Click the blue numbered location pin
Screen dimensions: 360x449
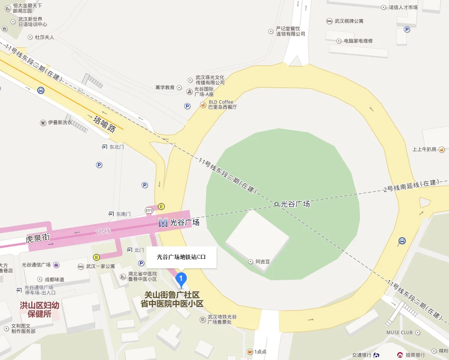click(x=181, y=278)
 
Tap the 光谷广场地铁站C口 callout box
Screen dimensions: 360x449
click(x=181, y=257)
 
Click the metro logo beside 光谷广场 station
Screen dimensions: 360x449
click(x=163, y=223)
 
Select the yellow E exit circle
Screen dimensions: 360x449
click(x=161, y=207)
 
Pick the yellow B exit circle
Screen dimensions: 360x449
click(x=96, y=257)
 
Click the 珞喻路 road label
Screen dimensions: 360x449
click(x=105, y=123)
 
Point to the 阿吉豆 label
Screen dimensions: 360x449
click(x=263, y=262)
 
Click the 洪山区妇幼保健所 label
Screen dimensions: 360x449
click(x=39, y=310)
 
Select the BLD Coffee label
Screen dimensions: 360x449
click(x=221, y=102)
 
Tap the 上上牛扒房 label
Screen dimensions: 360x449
click(x=424, y=149)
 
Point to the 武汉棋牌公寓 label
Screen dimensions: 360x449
click(x=349, y=21)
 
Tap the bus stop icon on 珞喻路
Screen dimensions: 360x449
click(x=41, y=90)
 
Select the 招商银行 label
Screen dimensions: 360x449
click(x=414, y=355)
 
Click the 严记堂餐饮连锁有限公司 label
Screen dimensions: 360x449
click(x=290, y=31)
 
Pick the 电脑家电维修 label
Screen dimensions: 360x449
click(x=358, y=41)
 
